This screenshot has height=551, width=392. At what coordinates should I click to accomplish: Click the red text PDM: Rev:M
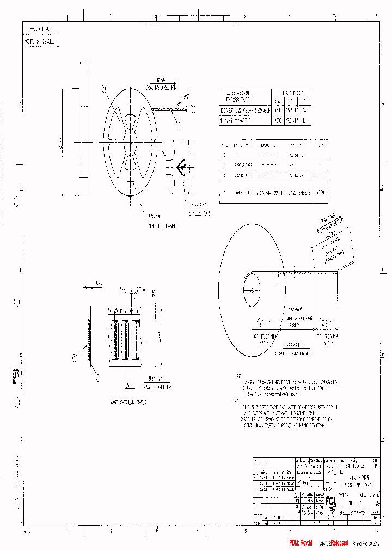[301, 543]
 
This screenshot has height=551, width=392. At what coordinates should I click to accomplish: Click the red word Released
[339, 543]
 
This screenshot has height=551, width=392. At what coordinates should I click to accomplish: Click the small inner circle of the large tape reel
[251, 289]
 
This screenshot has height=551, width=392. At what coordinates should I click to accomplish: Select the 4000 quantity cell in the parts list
[321, 193]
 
